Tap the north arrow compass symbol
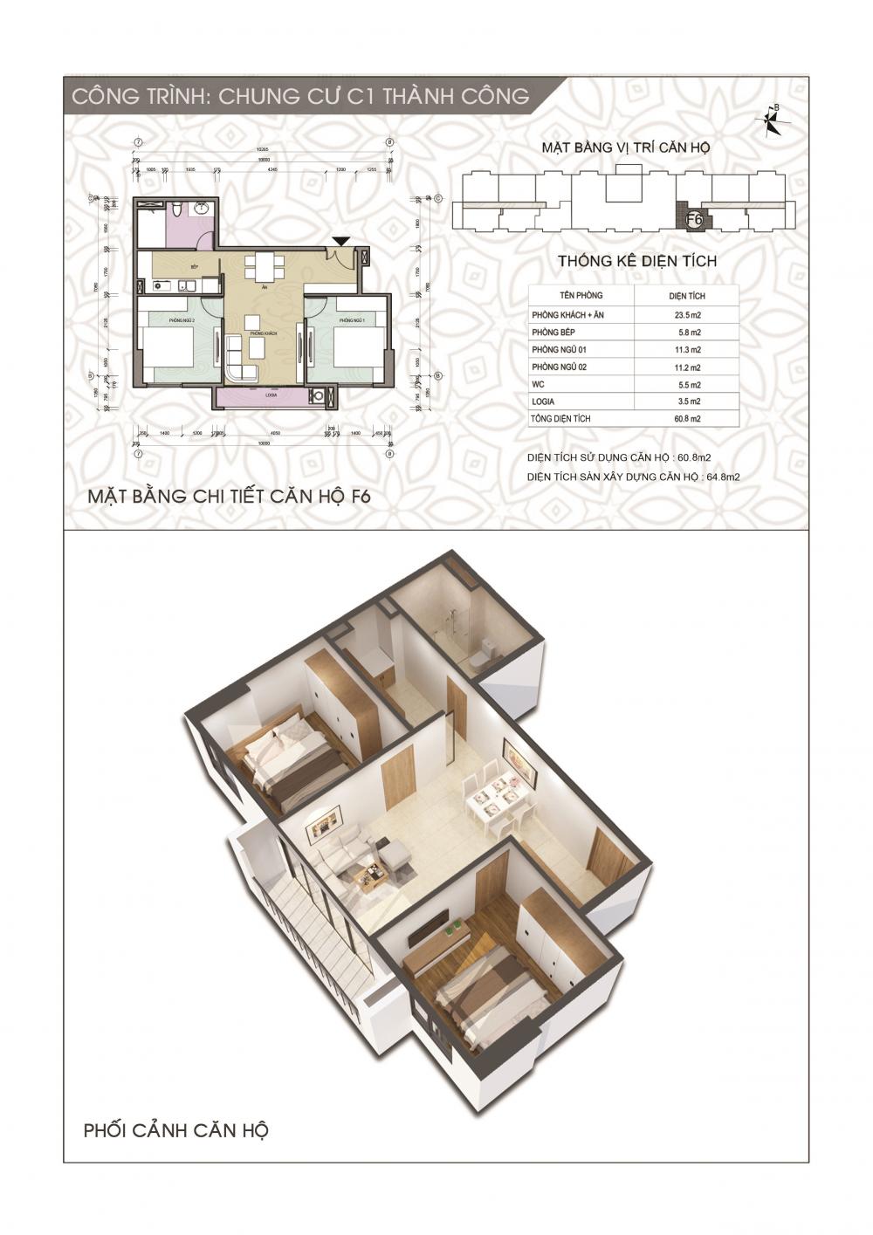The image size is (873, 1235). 773,121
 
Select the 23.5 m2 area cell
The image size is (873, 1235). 690,315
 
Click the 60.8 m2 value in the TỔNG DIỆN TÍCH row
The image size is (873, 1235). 690,419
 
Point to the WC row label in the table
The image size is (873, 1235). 537,384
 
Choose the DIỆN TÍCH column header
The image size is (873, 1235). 690,296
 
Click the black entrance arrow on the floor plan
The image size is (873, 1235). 341,241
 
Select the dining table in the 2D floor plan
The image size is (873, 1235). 263,265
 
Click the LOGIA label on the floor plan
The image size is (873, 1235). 262,395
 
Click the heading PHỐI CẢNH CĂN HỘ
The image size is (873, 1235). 175,1130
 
